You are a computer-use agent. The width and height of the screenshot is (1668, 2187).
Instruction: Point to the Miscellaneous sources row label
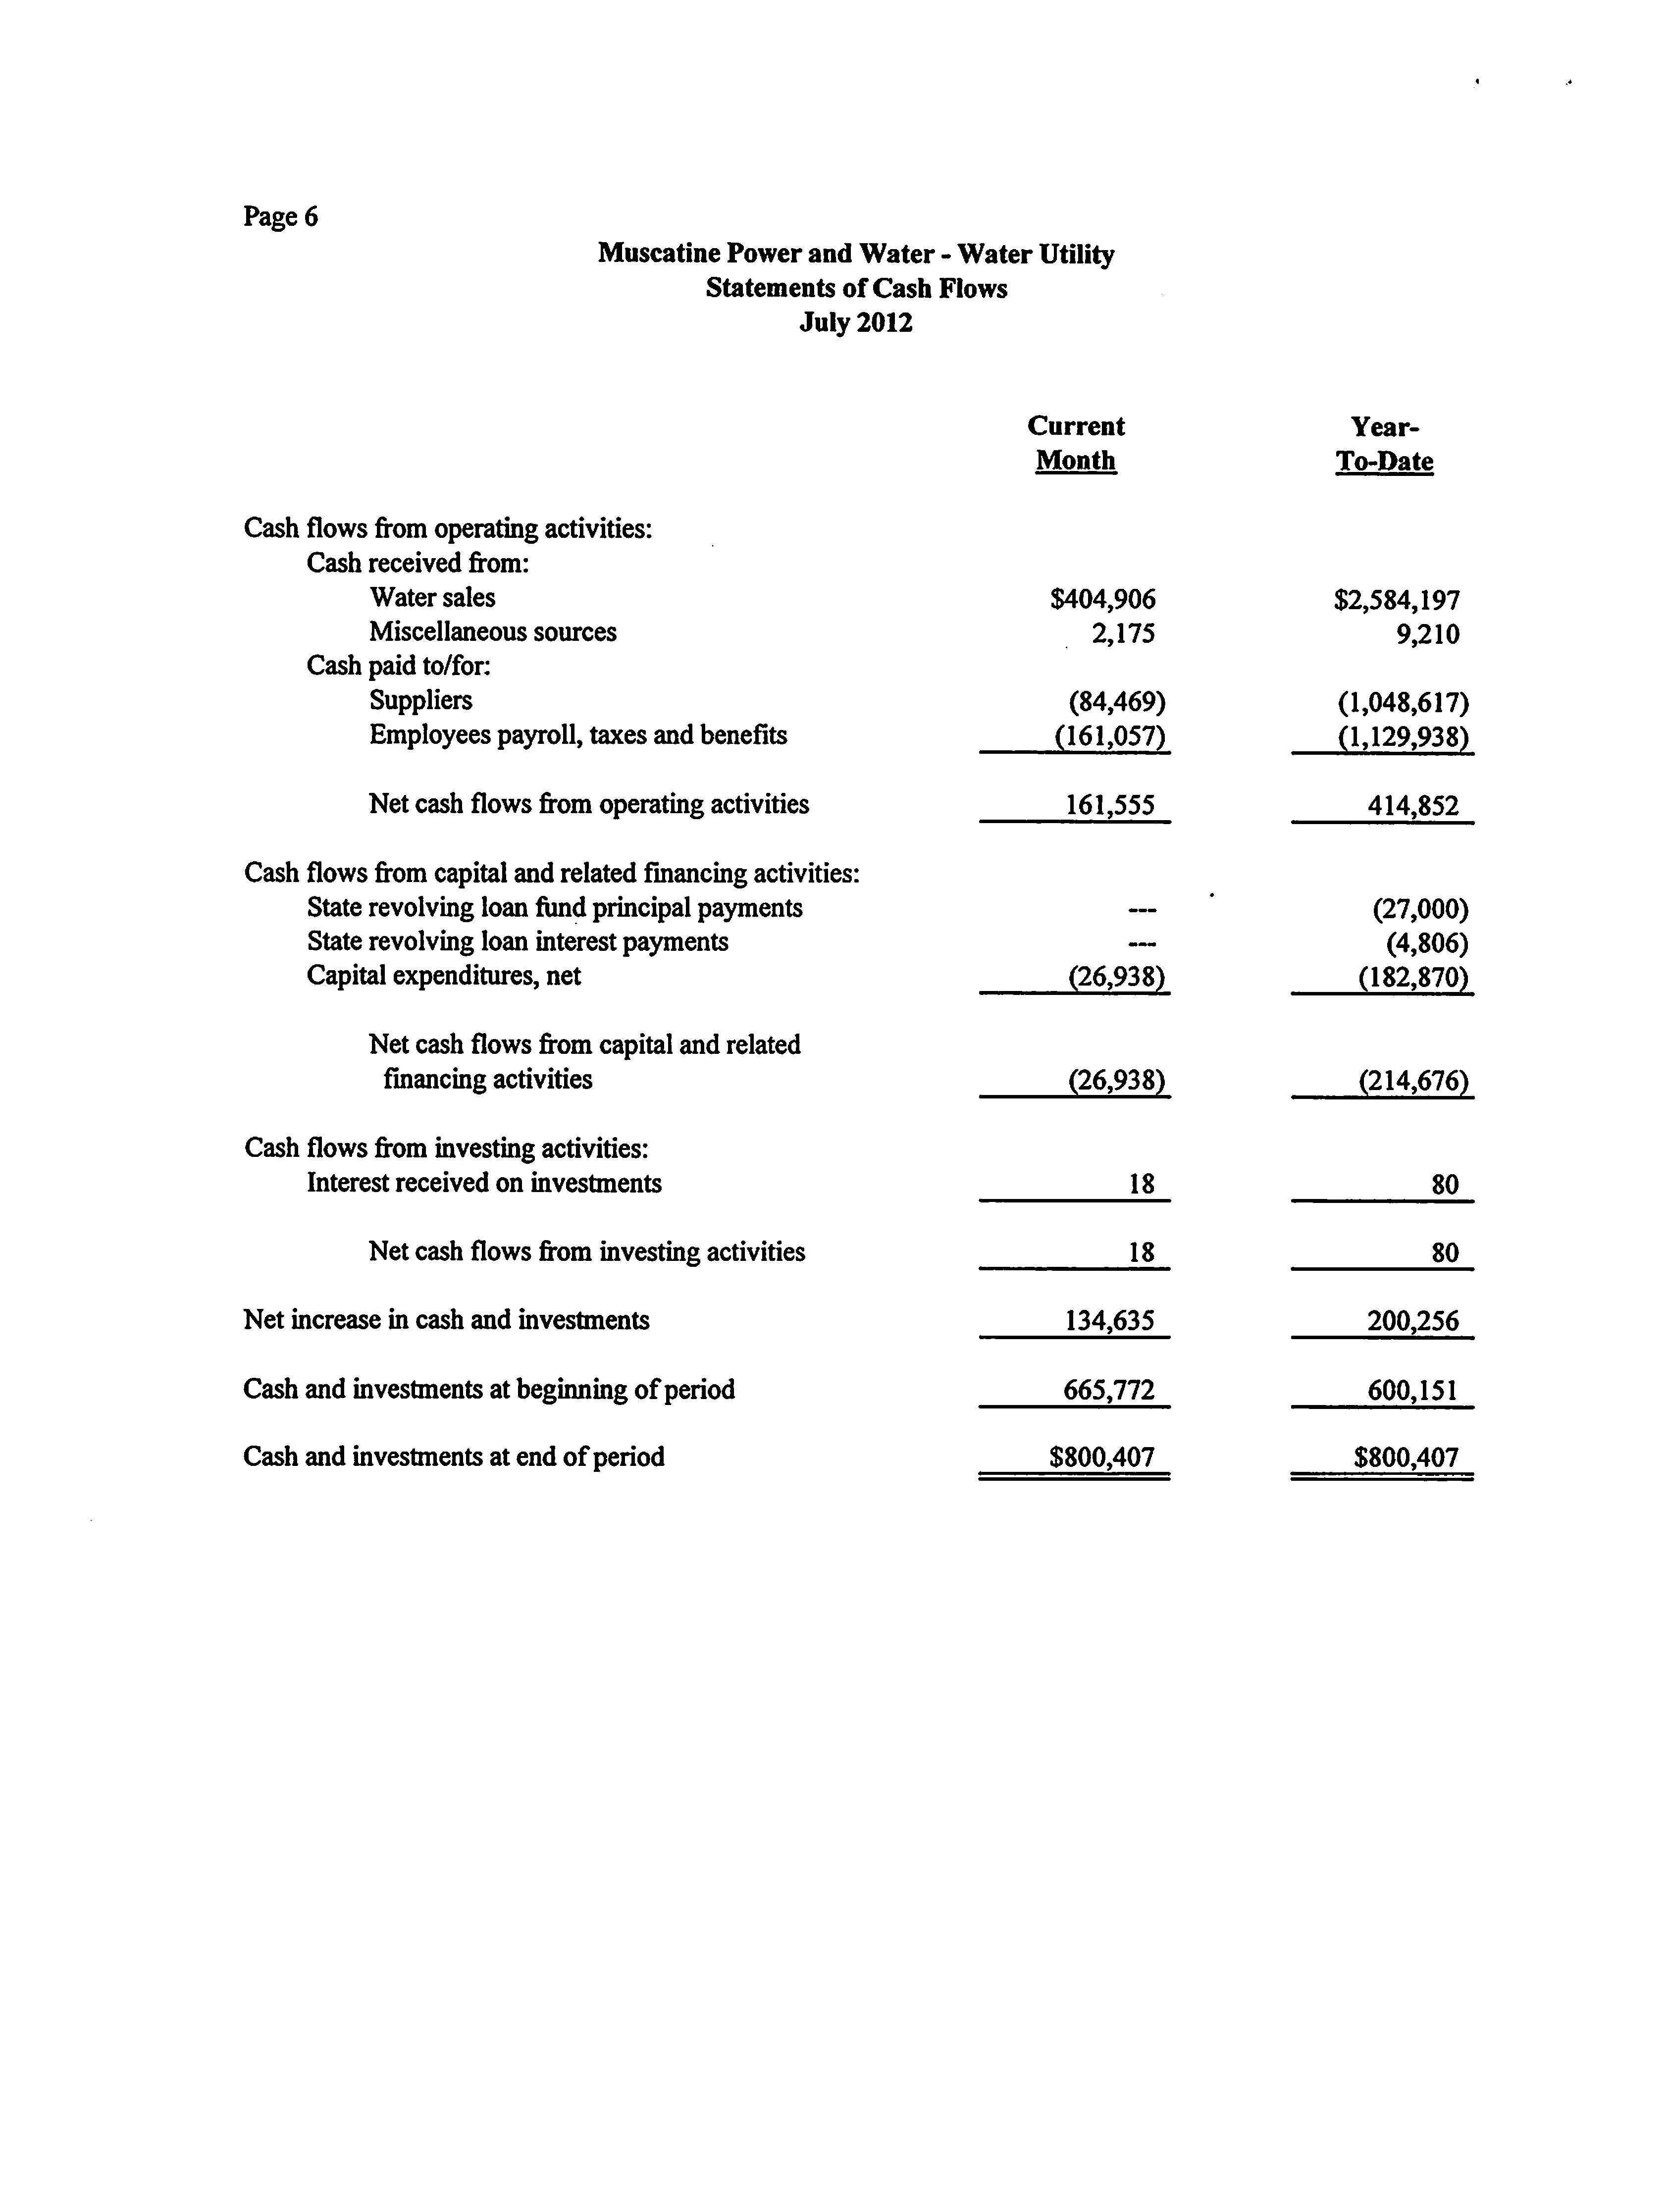[492, 632]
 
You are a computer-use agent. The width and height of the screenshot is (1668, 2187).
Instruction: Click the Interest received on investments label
[483, 1183]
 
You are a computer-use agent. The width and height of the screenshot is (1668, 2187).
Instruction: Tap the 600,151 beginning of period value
[1412, 1390]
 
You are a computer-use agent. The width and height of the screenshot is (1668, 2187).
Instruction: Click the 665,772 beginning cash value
[1109, 1390]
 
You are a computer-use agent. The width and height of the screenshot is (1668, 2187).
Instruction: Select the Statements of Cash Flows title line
[856, 288]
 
